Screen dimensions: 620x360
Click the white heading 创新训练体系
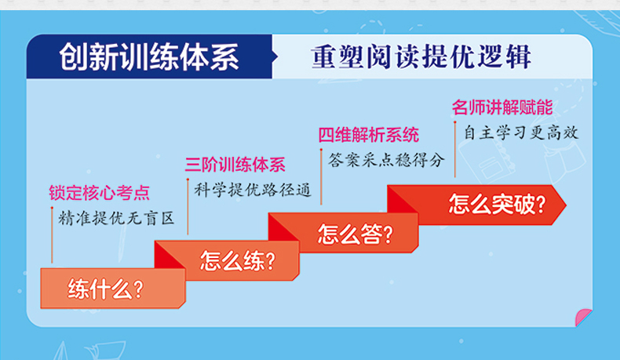pyautogui.click(x=149, y=57)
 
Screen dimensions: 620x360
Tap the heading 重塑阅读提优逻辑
pyautogui.click(x=421, y=57)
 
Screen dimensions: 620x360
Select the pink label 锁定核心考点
pyautogui.click(x=99, y=193)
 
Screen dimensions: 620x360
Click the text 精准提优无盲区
pyautogui.click(x=116, y=218)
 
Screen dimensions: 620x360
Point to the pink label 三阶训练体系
pyautogui.click(x=235, y=165)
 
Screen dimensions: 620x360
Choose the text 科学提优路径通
pyautogui.click(x=252, y=190)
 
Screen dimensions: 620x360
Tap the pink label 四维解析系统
pyautogui.click(x=369, y=135)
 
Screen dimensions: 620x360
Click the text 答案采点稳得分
pyautogui.click(x=386, y=161)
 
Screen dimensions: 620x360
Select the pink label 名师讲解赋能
pyautogui.click(x=502, y=107)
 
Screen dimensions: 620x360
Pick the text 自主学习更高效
pyautogui.click(x=521, y=133)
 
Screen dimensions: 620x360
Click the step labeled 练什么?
pyautogui.click(x=113, y=288)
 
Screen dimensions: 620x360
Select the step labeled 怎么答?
pyautogui.click(x=348, y=233)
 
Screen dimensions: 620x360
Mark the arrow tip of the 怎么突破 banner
pyautogui.click(x=566, y=205)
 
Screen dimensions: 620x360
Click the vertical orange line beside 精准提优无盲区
pyautogui.click(x=52, y=235)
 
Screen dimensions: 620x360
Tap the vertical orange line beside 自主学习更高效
pyautogui.click(x=454, y=149)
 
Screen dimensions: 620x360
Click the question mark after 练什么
pyautogui.click(x=138, y=289)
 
